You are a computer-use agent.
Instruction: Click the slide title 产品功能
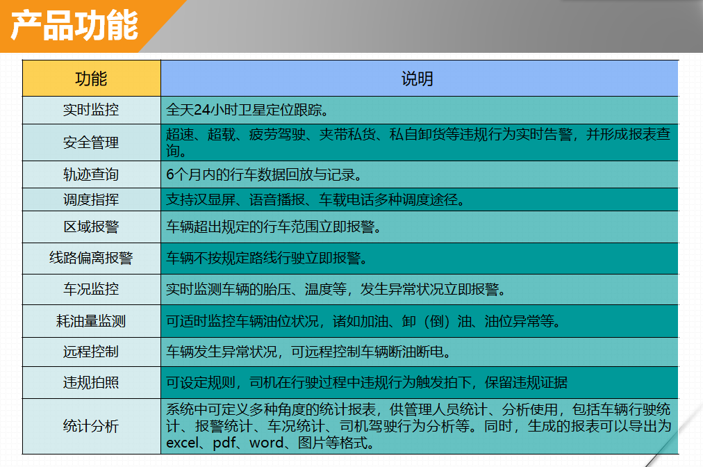click(x=74, y=26)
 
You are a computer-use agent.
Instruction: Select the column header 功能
click(x=91, y=79)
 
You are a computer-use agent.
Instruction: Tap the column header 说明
click(x=417, y=79)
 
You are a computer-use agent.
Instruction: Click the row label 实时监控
click(x=91, y=110)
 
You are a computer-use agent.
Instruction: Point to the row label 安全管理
click(x=91, y=142)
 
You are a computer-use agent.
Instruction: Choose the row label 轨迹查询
click(x=91, y=174)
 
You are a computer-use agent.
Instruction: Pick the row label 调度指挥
click(x=91, y=199)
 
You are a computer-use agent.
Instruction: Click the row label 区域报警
click(x=91, y=227)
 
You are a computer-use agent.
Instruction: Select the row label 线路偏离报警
click(x=91, y=258)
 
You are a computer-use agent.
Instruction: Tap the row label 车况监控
click(x=91, y=289)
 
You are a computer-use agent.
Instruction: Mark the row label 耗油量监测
click(x=91, y=321)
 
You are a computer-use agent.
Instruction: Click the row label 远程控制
click(x=91, y=352)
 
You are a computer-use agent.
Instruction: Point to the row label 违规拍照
click(x=91, y=383)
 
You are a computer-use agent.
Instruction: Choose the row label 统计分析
click(x=91, y=426)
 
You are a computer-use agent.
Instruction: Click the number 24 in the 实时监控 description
click(x=202, y=110)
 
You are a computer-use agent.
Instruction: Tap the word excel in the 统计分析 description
click(x=182, y=443)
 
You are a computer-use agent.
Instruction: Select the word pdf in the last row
click(x=224, y=443)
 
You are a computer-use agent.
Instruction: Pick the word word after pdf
click(x=267, y=443)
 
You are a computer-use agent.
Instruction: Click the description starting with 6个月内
click(x=264, y=174)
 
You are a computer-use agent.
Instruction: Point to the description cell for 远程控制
click(x=419, y=352)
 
